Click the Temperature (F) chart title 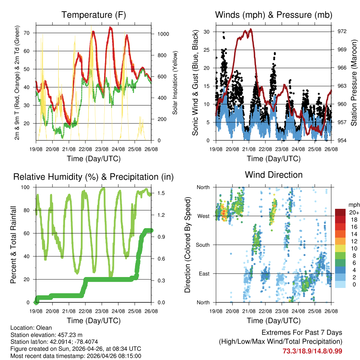94,15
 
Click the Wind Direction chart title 274,175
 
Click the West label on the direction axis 203,216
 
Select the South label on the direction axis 202,245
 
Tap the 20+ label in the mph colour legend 353,213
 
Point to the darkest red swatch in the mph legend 341,212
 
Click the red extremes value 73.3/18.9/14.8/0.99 312,351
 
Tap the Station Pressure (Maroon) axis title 354,83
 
